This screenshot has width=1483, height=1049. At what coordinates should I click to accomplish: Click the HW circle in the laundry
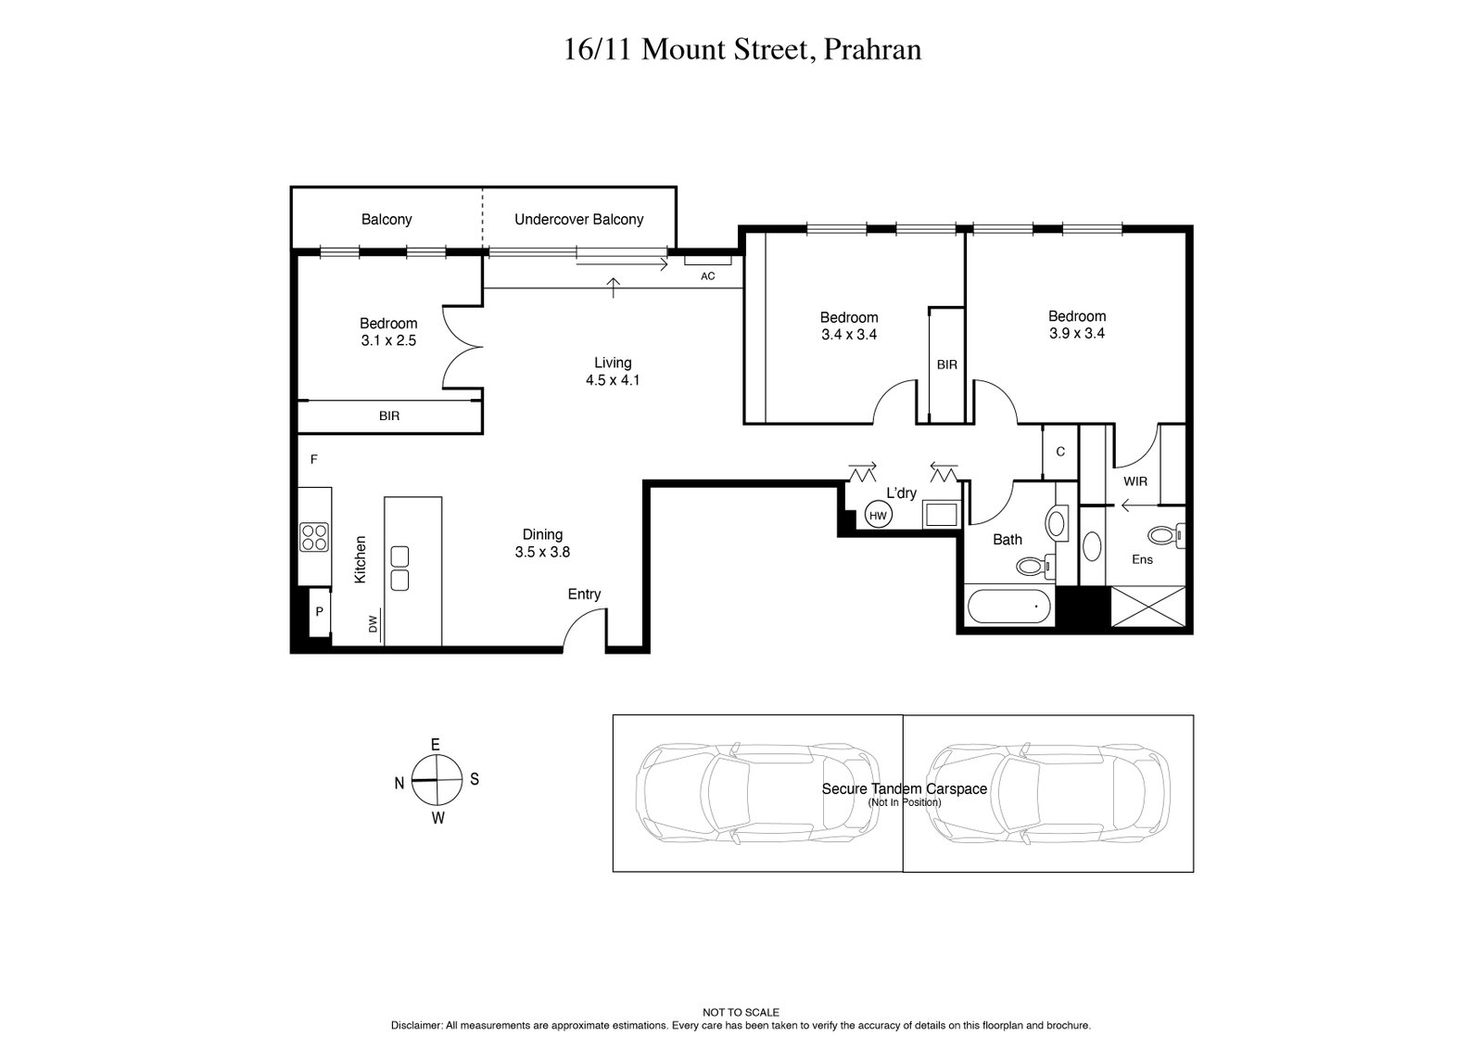coord(878,515)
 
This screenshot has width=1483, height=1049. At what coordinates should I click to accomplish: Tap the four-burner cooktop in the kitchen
coord(314,537)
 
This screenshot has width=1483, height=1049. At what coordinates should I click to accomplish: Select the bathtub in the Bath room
coord(1009,609)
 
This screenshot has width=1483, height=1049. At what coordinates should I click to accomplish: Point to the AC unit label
coord(708,275)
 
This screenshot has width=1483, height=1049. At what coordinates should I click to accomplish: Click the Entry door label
coord(584,595)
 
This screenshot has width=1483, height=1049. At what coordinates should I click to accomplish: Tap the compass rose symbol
coord(437,780)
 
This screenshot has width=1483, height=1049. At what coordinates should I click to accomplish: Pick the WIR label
coord(1134,481)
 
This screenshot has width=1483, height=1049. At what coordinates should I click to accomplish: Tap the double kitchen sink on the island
coord(400,569)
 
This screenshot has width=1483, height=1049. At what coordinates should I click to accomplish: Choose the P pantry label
coord(319,612)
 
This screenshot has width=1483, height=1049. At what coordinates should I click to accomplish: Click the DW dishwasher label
coord(374,625)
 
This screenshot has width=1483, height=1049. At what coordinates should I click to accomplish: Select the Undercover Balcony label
coord(578,220)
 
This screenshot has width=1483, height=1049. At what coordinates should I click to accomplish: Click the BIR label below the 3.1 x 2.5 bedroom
coord(389,416)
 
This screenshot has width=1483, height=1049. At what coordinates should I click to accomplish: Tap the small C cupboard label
coord(1060,452)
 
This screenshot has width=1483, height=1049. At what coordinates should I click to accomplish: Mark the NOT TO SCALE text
coord(741,1013)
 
